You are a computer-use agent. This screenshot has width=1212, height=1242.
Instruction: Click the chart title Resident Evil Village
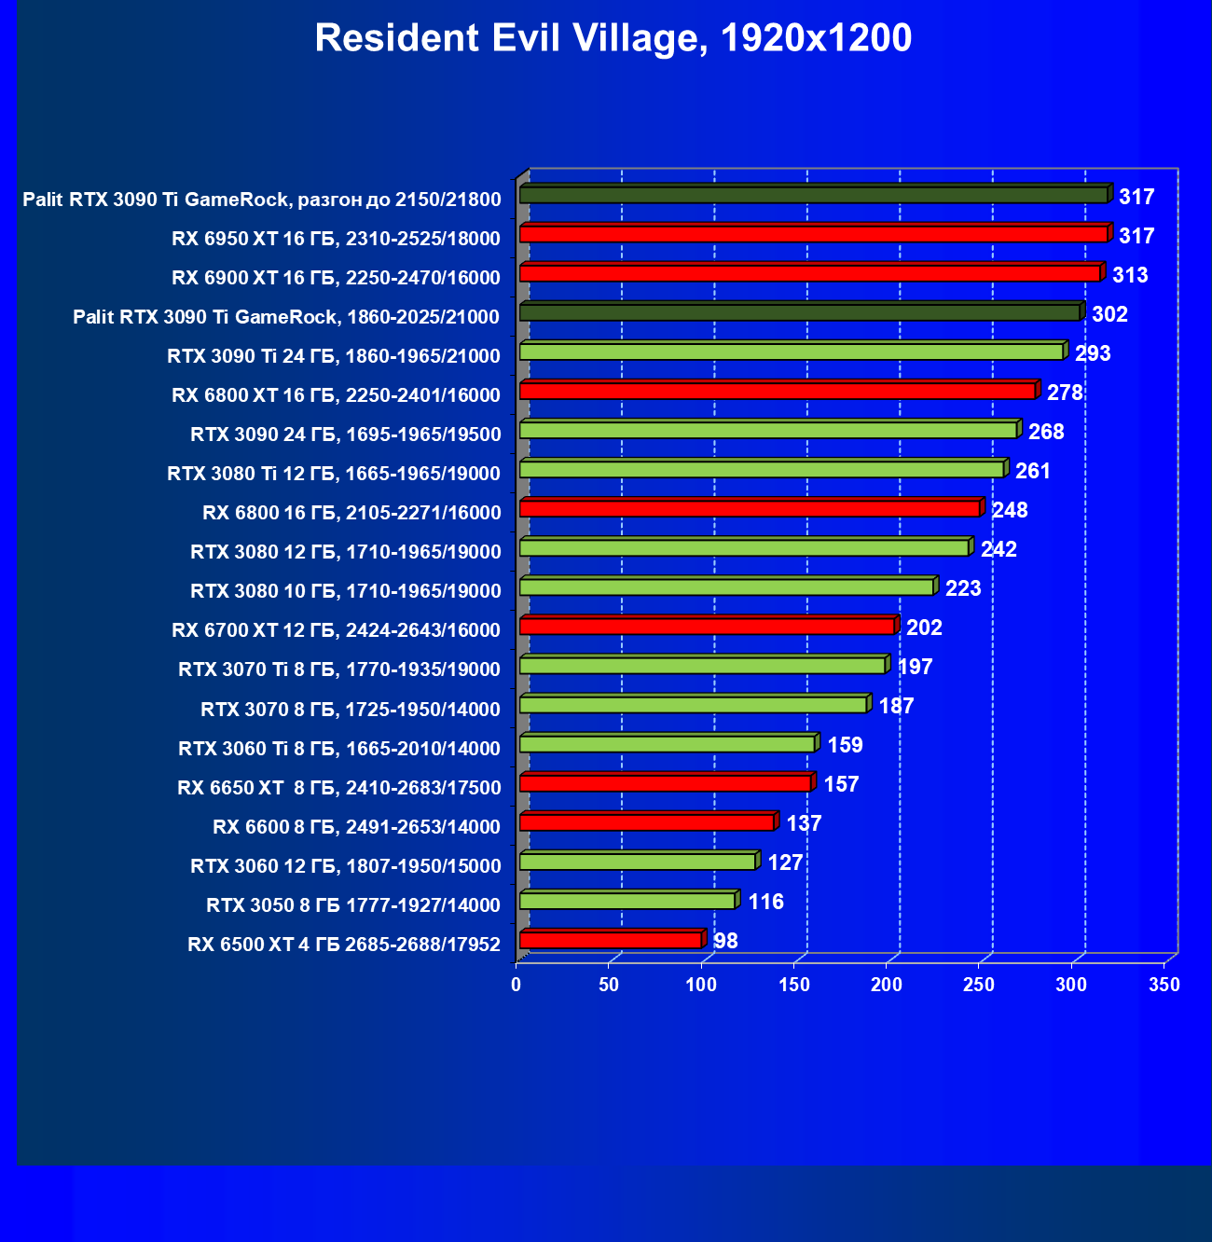coord(613,39)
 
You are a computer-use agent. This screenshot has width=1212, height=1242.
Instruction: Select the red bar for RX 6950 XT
coord(813,234)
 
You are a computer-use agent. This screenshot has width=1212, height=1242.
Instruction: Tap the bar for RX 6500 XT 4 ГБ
coord(611,940)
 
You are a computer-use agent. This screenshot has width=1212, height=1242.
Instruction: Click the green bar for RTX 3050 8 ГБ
coord(627,901)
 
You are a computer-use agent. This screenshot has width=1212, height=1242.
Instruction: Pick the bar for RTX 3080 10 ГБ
coord(726,587)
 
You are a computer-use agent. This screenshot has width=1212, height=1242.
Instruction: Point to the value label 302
coord(1109,314)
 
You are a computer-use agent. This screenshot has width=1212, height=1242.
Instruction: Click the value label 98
coord(725,941)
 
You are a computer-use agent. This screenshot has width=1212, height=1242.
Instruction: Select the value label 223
coord(963,588)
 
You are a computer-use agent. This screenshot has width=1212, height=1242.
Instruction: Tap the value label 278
coord(1065,393)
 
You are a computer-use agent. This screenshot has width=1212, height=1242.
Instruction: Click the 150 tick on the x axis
coord(794,985)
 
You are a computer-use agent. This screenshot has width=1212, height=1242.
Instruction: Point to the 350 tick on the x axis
coord(1164,985)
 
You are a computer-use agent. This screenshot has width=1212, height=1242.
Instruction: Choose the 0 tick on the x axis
coord(516,985)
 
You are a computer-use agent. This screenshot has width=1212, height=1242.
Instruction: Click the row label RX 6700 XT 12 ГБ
coord(337,630)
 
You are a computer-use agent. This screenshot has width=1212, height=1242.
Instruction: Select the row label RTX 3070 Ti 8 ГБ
coord(339,669)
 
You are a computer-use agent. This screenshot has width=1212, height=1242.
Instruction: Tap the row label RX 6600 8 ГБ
coord(357,827)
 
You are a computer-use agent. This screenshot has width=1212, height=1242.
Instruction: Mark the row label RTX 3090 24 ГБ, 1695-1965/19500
coord(346,435)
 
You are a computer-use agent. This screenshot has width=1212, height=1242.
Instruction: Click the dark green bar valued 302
coord(799,312)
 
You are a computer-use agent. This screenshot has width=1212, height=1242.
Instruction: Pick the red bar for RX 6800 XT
coord(778,391)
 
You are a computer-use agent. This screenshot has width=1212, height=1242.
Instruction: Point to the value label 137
coord(804,823)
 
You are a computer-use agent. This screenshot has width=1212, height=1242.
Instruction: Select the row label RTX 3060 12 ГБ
coord(346,866)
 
